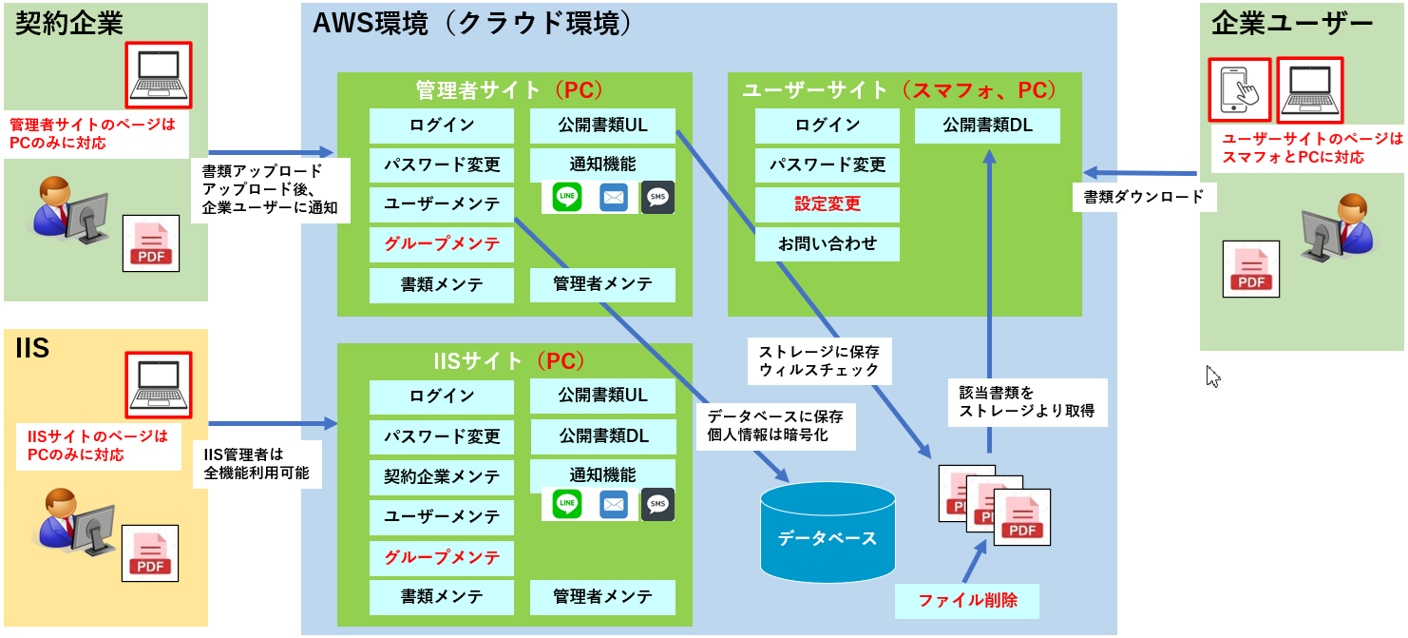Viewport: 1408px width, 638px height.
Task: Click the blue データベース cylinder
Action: pos(828,532)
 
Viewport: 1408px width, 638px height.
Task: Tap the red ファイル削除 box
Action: pos(967,601)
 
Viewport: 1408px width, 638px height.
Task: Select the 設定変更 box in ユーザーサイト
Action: pos(828,204)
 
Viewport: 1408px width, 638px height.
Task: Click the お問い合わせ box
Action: pos(828,243)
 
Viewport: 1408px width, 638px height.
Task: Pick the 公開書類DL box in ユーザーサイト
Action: pos(987,126)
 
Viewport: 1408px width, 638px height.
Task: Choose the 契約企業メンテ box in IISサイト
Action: pos(441,477)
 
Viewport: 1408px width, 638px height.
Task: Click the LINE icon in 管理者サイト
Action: pos(566,196)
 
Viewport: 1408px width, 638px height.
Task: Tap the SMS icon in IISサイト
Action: pos(657,504)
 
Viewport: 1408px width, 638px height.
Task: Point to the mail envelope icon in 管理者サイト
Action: pos(613,198)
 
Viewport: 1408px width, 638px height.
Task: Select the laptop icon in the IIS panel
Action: pos(159,385)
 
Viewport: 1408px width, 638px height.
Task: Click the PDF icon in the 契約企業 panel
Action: pos(151,243)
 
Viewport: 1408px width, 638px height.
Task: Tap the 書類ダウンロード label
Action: pos(1143,197)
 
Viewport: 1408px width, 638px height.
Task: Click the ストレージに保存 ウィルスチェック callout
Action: pos(819,361)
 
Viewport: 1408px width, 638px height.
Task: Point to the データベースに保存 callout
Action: pos(775,426)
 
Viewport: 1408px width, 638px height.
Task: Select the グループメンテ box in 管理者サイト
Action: pos(441,244)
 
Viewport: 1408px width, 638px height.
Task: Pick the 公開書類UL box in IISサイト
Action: pos(602,396)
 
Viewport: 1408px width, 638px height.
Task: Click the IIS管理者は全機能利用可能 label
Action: pos(257,464)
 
